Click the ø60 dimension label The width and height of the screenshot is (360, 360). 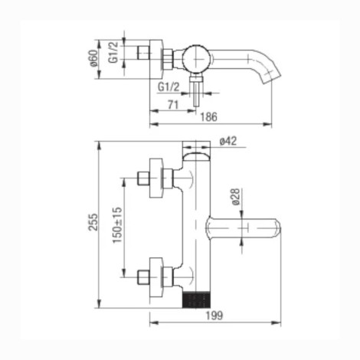coord(93,58)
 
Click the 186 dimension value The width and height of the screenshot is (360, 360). coord(208,117)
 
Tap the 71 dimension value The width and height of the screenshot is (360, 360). coord(173,105)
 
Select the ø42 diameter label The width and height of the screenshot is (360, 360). coord(228,141)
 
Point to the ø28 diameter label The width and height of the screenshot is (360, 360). coord(236,197)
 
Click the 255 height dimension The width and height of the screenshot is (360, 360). coord(93,222)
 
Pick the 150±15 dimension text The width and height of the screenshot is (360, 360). coord(118,225)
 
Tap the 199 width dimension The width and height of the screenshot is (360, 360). coord(214,316)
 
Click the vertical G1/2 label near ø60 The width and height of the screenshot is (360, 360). coord(113,52)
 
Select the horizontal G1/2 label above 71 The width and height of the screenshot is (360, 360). coord(169,87)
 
